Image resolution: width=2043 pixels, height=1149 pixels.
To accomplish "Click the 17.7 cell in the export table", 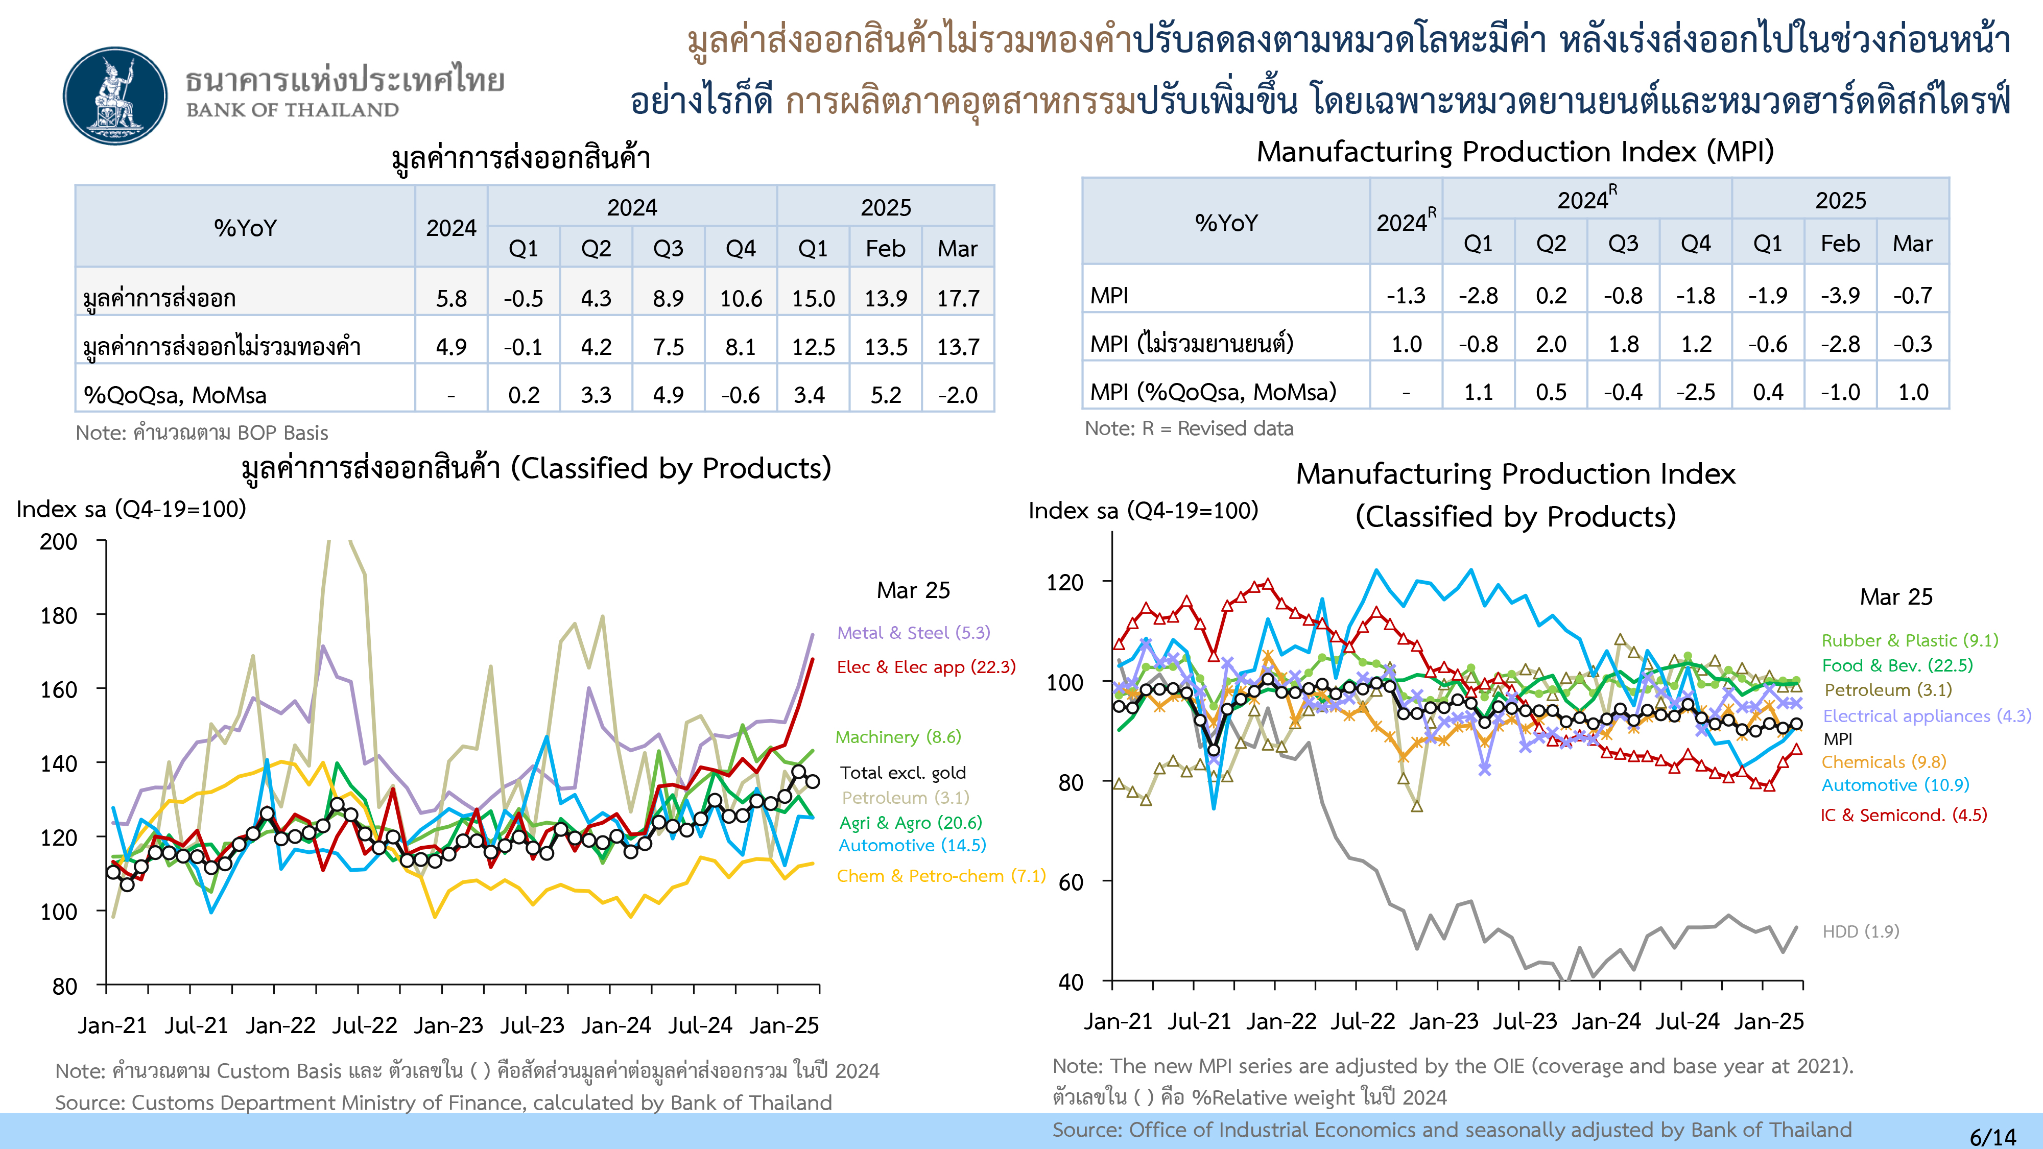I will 958,299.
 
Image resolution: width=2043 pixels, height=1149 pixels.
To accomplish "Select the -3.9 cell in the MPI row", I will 1840,296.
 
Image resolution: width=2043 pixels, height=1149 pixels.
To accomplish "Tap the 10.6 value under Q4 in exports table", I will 741,299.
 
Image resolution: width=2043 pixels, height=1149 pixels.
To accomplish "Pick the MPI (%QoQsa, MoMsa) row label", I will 1213,392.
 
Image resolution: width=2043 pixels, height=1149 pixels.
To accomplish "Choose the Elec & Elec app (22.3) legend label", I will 925,667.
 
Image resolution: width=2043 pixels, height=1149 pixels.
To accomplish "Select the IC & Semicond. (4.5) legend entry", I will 1904,815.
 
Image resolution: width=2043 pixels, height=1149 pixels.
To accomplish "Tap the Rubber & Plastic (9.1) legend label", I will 1909,641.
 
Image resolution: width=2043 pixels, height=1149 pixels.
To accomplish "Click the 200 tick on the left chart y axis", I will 59,542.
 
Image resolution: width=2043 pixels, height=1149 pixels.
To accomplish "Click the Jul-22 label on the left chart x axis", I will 364,1025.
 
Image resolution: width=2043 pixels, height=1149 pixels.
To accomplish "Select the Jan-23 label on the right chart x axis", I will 1443,1021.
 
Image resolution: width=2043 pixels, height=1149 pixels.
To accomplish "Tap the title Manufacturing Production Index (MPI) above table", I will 1515,152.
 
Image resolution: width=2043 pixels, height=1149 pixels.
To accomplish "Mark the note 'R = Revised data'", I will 1189,428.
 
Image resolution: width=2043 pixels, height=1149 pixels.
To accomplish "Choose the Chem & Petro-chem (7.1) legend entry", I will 941,876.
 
